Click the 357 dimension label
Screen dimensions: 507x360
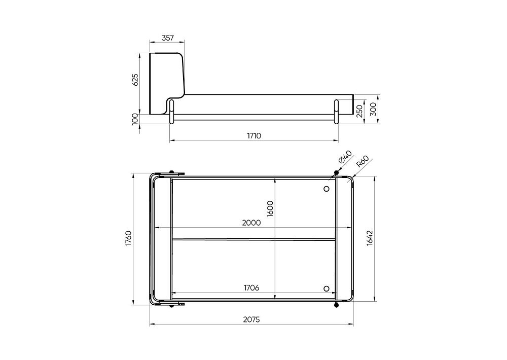pyautogui.click(x=168, y=38)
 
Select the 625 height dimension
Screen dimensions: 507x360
pyautogui.click(x=135, y=80)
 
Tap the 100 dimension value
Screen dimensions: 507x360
pyautogui.click(x=135, y=119)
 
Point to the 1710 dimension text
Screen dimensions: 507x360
pyautogui.click(x=254, y=135)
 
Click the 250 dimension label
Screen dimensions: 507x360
pyautogui.click(x=359, y=112)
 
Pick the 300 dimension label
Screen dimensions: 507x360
pyautogui.click(x=373, y=109)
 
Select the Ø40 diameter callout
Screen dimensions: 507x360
pyautogui.click(x=345, y=157)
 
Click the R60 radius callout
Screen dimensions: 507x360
pyautogui.click(x=363, y=161)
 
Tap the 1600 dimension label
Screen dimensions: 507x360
pyautogui.click(x=270, y=208)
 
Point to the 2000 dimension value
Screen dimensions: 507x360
pyautogui.click(x=251, y=223)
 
